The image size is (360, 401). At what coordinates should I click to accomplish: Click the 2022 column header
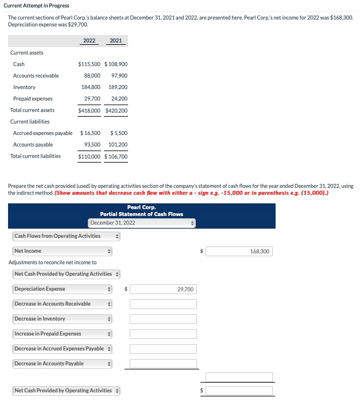pyautogui.click(x=89, y=41)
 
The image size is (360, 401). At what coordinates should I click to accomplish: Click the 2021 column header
pyautogui.click(x=115, y=41)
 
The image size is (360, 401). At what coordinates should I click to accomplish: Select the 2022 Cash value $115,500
pyautogui.click(x=89, y=64)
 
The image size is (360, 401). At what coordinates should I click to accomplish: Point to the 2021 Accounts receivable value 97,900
pyautogui.click(x=118, y=76)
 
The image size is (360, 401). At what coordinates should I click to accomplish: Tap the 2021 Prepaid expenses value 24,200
pyautogui.click(x=118, y=99)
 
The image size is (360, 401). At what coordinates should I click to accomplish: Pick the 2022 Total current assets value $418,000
pyautogui.click(x=89, y=110)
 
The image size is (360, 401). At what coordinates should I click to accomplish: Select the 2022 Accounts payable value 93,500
pyautogui.click(x=92, y=145)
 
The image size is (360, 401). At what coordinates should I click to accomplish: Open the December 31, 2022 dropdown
pyautogui.click(x=142, y=223)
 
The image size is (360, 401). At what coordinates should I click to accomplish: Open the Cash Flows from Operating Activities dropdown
pyautogui.click(x=66, y=236)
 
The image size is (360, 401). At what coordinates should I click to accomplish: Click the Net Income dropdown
pyautogui.click(x=62, y=251)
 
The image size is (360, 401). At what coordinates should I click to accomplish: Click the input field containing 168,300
pyautogui.click(x=239, y=251)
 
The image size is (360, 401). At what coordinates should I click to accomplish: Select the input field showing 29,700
pyautogui.click(x=163, y=289)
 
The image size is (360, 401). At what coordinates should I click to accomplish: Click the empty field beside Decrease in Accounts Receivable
pyautogui.click(x=163, y=304)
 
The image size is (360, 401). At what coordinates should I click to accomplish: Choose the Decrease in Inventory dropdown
pyautogui.click(x=62, y=319)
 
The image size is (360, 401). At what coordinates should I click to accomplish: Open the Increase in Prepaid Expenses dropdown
pyautogui.click(x=62, y=334)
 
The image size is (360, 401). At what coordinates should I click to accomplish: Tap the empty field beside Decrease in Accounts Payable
pyautogui.click(x=163, y=364)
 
